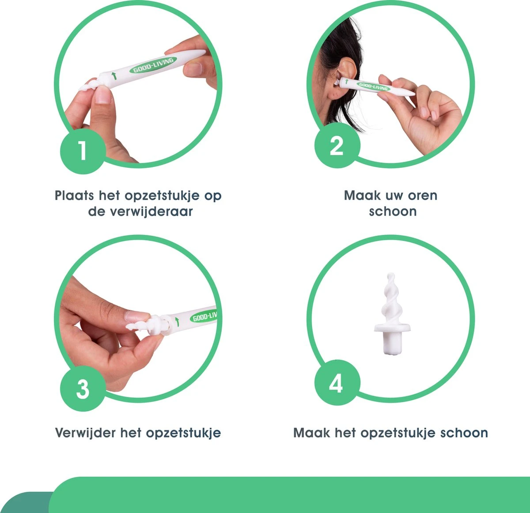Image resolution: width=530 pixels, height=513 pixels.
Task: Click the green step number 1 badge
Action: tap(83, 151)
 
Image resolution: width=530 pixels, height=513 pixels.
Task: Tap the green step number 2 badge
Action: tap(337, 145)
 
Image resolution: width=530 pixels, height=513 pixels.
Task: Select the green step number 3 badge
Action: tap(83, 389)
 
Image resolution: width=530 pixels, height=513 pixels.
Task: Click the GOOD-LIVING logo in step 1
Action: tap(153, 65)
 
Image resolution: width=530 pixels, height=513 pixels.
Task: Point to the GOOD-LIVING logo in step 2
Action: tap(373, 87)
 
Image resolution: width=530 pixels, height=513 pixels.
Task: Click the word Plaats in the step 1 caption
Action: tap(74, 195)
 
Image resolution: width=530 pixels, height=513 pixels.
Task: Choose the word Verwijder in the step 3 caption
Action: tap(85, 433)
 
